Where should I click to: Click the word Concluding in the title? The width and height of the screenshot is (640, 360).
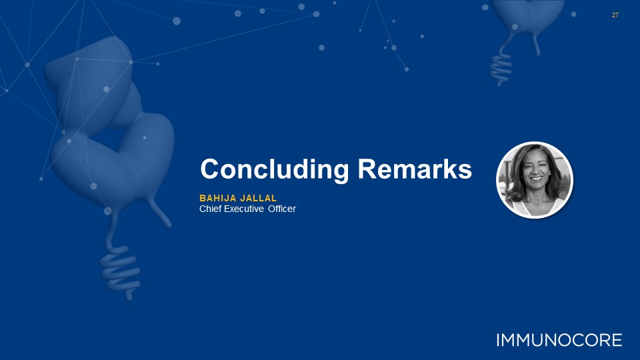274,169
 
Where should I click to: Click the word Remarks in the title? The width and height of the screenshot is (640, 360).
415,169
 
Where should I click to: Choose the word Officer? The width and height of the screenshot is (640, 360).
282,209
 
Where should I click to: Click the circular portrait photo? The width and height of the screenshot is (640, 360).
535,179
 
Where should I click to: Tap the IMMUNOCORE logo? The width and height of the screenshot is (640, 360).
559,340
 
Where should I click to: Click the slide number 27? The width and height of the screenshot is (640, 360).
615,15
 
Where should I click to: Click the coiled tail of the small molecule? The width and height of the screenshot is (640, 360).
501,69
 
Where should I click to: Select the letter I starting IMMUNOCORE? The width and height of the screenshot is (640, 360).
499,340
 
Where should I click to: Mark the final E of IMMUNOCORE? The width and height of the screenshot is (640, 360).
617,340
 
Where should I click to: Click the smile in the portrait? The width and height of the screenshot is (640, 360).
536,179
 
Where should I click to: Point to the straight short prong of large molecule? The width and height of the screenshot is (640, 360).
160,212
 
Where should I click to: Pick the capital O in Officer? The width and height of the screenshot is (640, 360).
272,209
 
